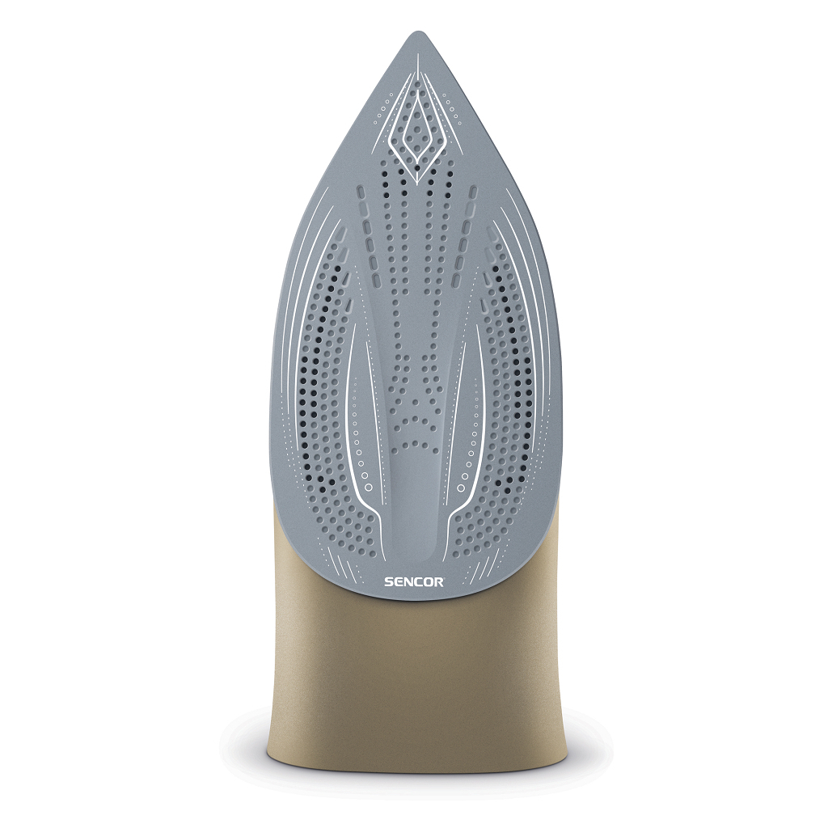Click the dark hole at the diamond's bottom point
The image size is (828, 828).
[417, 168]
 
